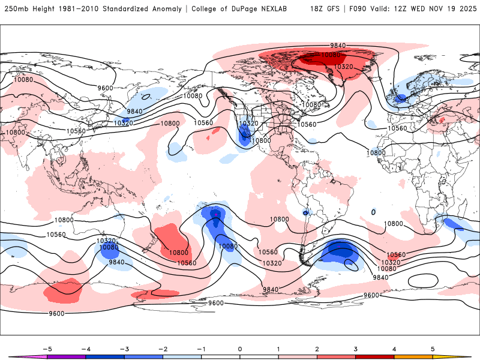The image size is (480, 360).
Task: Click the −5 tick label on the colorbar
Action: point(46,348)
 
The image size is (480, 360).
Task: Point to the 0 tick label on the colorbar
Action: point(239,348)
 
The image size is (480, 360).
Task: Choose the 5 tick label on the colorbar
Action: point(433,348)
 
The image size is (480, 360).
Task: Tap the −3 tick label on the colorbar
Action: point(124,348)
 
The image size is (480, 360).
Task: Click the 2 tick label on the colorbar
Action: point(317,348)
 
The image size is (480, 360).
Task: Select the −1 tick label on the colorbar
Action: point(201,348)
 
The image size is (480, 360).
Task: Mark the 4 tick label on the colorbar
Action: point(394,348)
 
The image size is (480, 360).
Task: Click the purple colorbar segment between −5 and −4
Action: point(67,356)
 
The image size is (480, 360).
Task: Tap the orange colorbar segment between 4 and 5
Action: point(413,356)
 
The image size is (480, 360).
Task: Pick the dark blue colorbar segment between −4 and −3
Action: point(105,356)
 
